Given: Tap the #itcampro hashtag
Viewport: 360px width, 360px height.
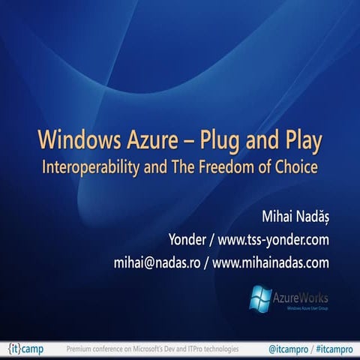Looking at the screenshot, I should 331,349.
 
